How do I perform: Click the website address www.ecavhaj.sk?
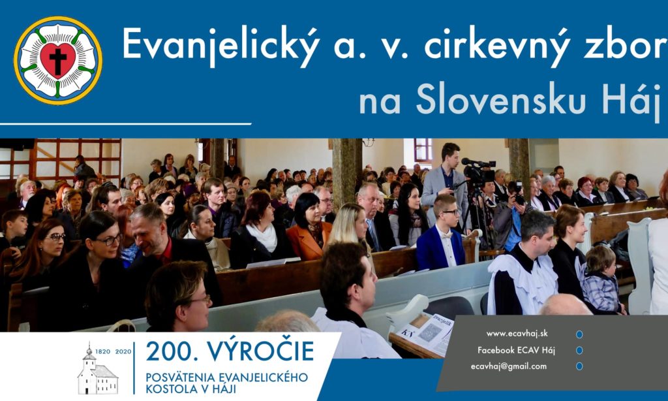coord(517,334)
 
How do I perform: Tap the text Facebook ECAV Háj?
coord(517,350)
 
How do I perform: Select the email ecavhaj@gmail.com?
coord(509,366)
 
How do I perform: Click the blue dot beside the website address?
coord(579,334)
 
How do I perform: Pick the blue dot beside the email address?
coord(579,366)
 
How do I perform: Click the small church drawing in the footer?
coord(98,370)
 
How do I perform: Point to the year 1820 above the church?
coord(102,352)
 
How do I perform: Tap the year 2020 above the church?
coord(123,352)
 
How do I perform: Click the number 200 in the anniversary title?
coord(172,351)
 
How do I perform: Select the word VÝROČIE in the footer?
coord(260,351)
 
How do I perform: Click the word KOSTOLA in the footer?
coord(168,389)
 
